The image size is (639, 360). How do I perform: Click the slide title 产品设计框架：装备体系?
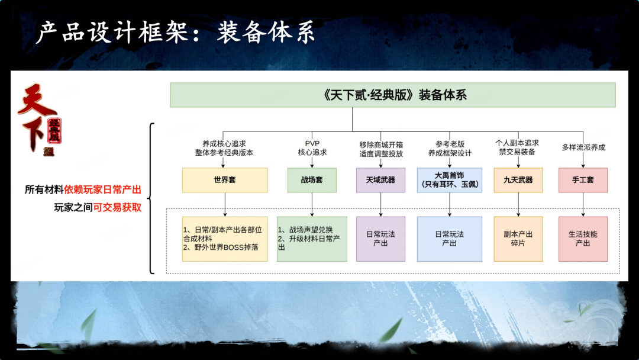(x=175, y=33)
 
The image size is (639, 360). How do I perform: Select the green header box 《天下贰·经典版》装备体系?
(x=393, y=95)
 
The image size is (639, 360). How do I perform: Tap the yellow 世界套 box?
(x=225, y=180)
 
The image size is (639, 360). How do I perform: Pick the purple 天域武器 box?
(x=380, y=180)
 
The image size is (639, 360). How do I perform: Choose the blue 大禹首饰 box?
(x=450, y=180)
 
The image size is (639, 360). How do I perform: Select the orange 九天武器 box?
(x=518, y=180)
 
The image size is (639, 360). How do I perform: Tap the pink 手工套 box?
(x=583, y=180)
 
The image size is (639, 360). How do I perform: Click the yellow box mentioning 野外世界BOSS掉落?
(x=225, y=239)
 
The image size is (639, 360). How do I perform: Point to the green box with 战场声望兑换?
(x=312, y=239)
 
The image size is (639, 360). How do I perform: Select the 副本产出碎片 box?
(x=518, y=239)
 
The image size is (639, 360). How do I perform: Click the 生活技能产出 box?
(x=583, y=239)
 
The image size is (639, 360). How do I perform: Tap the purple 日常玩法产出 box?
(x=380, y=239)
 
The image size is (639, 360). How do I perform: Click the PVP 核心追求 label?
(x=312, y=147)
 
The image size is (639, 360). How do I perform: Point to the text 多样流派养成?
(x=583, y=147)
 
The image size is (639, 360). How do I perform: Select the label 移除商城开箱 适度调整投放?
(x=380, y=147)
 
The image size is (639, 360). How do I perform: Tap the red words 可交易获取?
(x=117, y=207)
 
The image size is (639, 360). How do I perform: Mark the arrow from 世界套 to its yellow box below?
(x=225, y=204)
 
